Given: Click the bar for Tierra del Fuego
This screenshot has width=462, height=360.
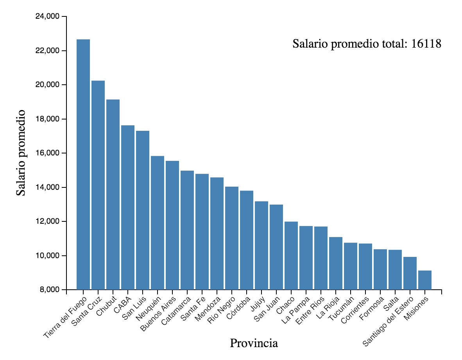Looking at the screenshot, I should click(x=83, y=164).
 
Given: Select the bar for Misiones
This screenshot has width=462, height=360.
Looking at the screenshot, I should click(x=425, y=280).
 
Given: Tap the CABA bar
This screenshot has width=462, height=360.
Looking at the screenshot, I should click(x=128, y=207).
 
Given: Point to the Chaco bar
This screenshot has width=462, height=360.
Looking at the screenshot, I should click(x=291, y=255).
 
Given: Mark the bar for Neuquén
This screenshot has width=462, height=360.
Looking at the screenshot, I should click(x=158, y=223).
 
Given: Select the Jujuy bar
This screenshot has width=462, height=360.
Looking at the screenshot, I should click(x=261, y=245).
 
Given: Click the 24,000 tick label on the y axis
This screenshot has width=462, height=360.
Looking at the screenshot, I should click(x=48, y=16).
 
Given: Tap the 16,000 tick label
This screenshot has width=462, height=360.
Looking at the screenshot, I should click(x=48, y=153).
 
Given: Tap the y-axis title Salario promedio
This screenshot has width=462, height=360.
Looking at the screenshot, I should click(x=21, y=153).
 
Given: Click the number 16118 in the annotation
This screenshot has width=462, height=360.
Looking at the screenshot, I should click(x=426, y=44).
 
